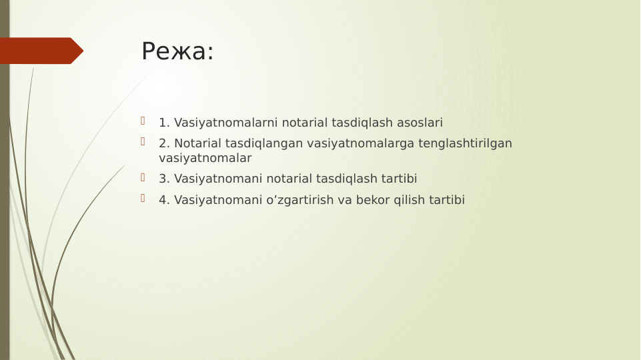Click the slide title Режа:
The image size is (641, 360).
[x=177, y=51]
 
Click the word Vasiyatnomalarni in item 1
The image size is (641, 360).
[x=226, y=123]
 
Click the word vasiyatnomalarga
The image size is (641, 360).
[x=361, y=143]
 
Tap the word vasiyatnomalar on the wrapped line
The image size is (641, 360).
[x=205, y=158]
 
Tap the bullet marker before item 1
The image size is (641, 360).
[x=143, y=121]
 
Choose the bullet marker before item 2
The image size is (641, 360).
[x=143, y=141]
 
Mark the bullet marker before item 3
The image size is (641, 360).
[x=143, y=177]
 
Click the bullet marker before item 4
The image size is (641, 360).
[x=143, y=198]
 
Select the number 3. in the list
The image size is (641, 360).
[x=164, y=179]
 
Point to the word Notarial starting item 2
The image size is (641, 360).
[x=198, y=143]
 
